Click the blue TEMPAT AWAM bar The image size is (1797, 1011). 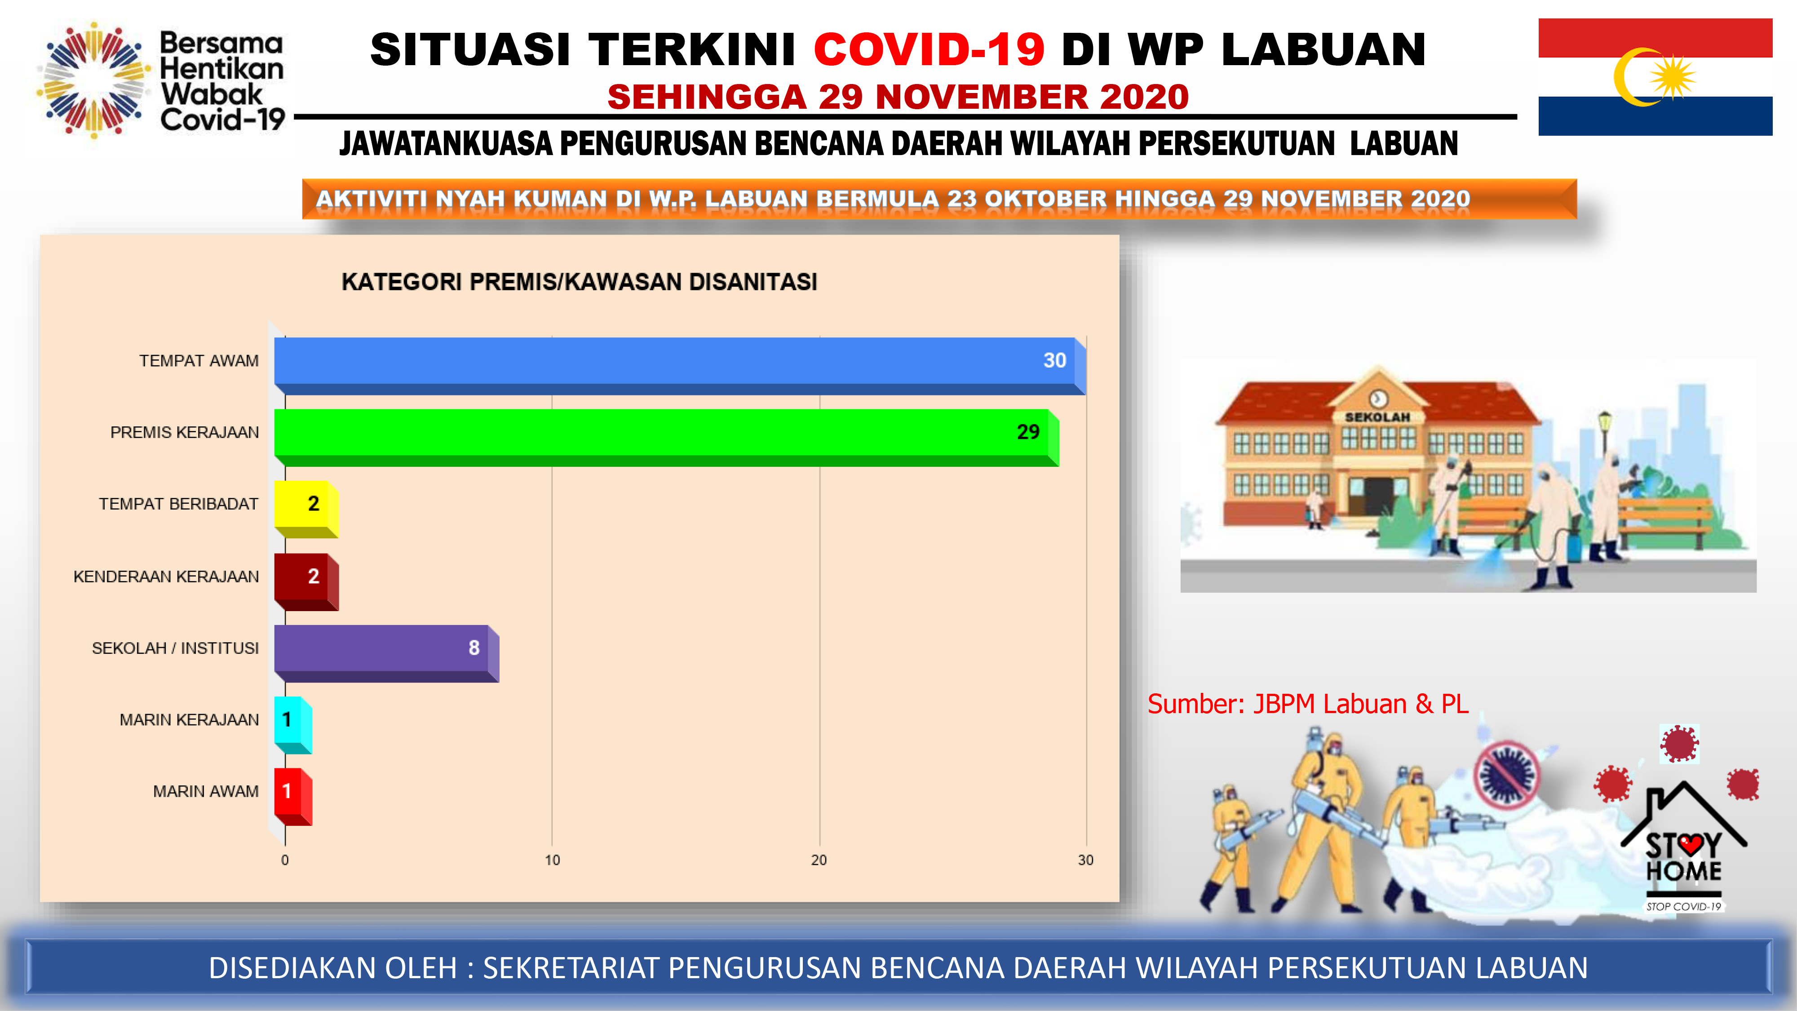tap(680, 366)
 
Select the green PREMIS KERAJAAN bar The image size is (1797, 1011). tap(667, 438)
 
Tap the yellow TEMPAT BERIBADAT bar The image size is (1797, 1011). tap(306, 510)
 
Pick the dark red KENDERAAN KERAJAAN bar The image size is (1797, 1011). tap(306, 582)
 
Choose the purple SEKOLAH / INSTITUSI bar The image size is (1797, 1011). tap(386, 654)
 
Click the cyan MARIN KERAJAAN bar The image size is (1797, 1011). tap(293, 726)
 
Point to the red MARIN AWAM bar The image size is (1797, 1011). tap(293, 797)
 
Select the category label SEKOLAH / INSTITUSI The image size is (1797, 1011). tap(175, 648)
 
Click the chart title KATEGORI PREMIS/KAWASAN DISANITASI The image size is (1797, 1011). tap(579, 282)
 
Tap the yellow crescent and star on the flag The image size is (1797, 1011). tap(1653, 77)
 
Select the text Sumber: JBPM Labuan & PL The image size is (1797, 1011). tap(1308, 704)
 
